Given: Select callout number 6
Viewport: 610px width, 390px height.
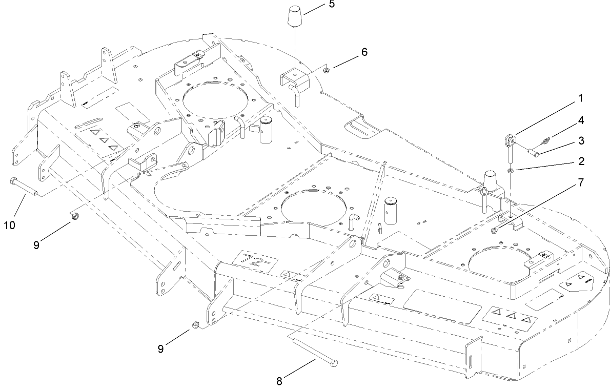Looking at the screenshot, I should click(x=364, y=53).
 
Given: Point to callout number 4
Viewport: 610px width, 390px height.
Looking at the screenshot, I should click(x=581, y=121).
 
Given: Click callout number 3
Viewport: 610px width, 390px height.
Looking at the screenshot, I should click(x=581, y=140).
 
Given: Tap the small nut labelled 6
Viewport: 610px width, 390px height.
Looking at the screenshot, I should click(x=327, y=68).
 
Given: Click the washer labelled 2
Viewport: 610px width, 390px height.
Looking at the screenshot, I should click(x=511, y=169).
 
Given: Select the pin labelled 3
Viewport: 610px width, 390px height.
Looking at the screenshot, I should click(x=533, y=151).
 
